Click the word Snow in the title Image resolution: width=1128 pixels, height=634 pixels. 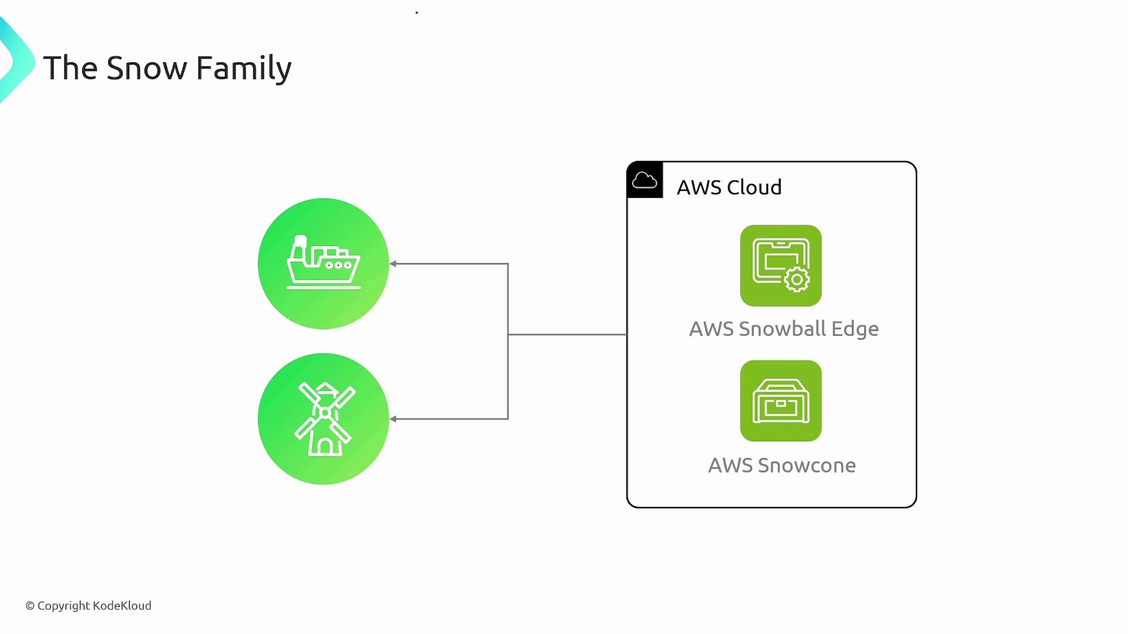146,68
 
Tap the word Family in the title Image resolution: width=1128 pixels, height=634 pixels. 243,69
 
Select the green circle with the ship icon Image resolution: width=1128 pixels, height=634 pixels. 323,264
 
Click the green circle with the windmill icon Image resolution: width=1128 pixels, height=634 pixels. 323,419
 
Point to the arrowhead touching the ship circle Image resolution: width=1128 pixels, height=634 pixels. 393,264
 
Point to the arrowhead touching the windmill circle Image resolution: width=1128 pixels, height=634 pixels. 393,419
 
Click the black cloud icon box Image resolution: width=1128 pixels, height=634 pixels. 645,180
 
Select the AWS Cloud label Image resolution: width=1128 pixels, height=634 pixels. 729,187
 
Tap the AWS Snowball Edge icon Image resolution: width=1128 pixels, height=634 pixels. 781,265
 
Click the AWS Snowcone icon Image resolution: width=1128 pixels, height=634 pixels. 781,401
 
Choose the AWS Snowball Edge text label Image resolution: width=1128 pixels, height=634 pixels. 784,329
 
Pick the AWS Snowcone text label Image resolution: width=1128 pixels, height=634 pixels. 782,466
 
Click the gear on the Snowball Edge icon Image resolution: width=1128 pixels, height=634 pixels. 797,279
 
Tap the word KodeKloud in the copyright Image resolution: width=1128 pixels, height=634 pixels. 122,606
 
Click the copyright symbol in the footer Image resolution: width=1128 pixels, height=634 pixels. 30,606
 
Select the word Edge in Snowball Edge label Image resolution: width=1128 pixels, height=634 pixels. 855,329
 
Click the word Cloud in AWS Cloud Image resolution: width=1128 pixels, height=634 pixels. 754,187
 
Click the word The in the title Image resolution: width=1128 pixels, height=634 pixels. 70,68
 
